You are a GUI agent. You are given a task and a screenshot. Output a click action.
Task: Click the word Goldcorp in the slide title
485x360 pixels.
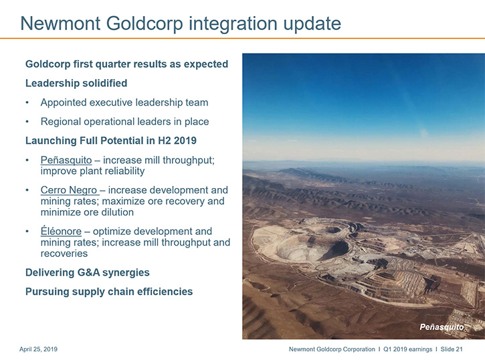[x=144, y=24]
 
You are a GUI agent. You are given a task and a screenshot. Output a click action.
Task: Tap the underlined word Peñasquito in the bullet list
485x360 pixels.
[x=66, y=160]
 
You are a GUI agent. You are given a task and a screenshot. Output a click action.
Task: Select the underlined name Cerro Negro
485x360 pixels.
[x=69, y=190]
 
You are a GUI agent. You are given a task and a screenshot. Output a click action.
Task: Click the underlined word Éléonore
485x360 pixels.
[x=61, y=231]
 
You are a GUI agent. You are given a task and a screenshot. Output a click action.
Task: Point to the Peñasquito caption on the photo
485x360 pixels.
[x=442, y=327]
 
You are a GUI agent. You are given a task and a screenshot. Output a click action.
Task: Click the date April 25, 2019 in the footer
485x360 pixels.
[x=38, y=349]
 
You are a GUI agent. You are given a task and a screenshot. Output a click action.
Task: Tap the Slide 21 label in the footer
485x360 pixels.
[x=452, y=349]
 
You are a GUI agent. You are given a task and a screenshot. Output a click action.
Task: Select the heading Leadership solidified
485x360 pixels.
[x=76, y=83]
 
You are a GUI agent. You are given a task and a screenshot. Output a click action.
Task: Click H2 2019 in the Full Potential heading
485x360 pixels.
[x=177, y=141]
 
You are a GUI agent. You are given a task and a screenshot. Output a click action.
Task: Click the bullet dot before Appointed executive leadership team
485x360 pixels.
[x=27, y=102]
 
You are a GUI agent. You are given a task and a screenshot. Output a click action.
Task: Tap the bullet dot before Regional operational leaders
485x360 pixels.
[x=27, y=122]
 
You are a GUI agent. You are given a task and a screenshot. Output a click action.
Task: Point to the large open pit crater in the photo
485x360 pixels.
[x=313, y=247]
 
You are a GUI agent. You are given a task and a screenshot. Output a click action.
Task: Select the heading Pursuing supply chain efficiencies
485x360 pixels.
[x=109, y=292]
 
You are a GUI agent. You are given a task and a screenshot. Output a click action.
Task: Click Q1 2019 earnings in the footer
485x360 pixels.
[x=407, y=349]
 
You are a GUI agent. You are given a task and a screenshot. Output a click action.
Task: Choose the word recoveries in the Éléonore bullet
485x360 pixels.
[x=64, y=254]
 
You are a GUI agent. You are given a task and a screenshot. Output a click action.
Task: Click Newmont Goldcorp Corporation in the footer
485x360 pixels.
[x=332, y=349]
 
